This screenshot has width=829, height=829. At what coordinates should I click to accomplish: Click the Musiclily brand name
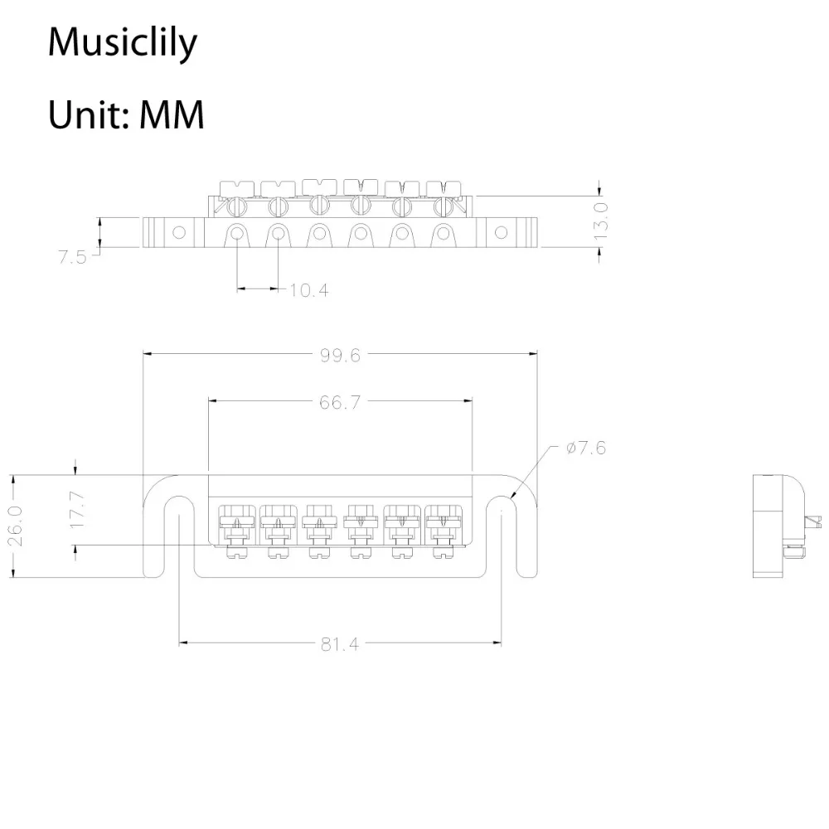coord(122,42)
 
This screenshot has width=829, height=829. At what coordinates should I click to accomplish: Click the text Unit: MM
coord(125,114)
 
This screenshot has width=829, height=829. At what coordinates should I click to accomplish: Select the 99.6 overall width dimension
coord(340,355)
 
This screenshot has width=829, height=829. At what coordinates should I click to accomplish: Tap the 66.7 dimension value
coord(340,402)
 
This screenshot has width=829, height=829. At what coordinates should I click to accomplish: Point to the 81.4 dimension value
coord(340,644)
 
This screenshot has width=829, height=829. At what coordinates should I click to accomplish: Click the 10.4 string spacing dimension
coord(308,290)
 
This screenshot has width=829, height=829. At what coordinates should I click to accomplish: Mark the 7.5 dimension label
coord(72,256)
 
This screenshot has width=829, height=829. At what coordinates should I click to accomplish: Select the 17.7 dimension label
coord(77,510)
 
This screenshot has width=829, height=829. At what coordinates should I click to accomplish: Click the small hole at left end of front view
coord(179,233)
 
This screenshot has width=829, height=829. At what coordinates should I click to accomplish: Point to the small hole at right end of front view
coord(500,233)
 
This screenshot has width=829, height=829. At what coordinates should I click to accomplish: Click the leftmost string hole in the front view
coord(237,234)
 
